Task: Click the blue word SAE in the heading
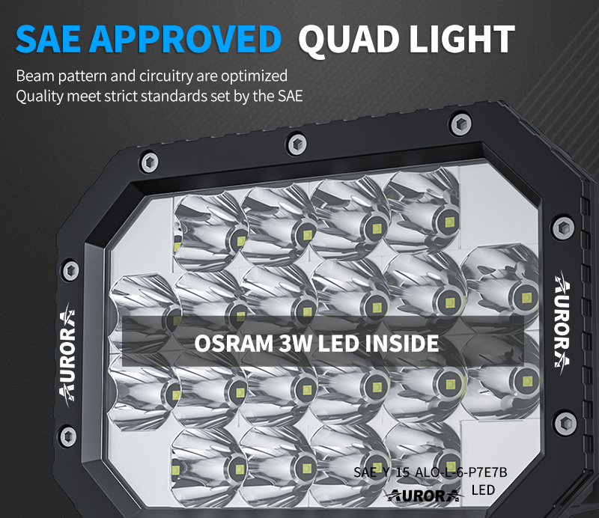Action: pyautogui.click(x=49, y=39)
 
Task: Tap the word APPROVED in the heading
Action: pyautogui.click(x=185, y=39)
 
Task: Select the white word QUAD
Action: pyautogui.click(x=349, y=40)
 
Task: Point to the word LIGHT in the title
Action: pyautogui.click(x=461, y=39)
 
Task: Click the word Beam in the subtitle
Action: pyautogui.click(x=35, y=76)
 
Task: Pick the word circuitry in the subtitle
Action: pyautogui.click(x=166, y=76)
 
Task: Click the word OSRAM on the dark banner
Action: pyautogui.click(x=234, y=344)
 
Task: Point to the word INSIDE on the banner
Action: pyautogui.click(x=401, y=344)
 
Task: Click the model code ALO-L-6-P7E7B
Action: pyautogui.click(x=461, y=472)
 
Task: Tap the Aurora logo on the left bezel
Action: pyautogui.click(x=67, y=355)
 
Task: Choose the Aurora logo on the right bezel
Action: pyautogui.click(x=563, y=319)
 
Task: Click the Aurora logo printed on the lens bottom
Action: pyautogui.click(x=423, y=496)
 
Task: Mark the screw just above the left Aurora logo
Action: pyautogui.click(x=70, y=270)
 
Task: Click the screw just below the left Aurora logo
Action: pyautogui.click(x=68, y=436)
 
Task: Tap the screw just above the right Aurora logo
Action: pyautogui.click(x=563, y=228)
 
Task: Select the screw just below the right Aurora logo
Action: pyautogui.click(x=565, y=423)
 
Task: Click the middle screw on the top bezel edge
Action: pyautogui.click(x=297, y=144)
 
